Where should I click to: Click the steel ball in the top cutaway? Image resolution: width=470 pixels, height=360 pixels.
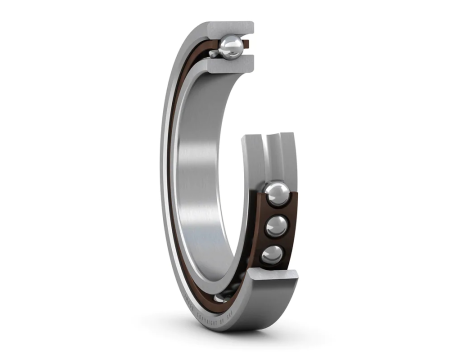point(232,46)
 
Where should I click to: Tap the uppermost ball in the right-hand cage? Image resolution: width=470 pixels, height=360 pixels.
point(277,193)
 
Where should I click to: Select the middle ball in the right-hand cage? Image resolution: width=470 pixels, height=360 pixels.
point(275,226)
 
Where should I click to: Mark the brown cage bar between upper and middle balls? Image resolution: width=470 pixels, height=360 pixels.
point(276,210)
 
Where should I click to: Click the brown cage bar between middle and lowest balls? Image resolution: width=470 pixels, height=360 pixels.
point(274,241)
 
